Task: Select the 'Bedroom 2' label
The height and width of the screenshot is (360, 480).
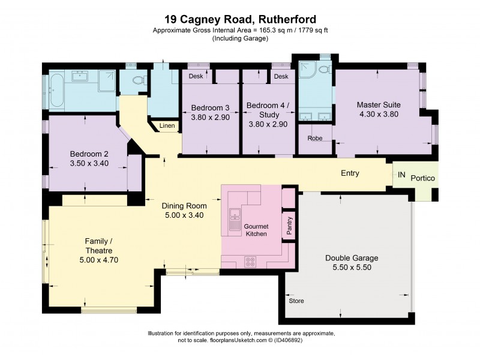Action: coord(88,152)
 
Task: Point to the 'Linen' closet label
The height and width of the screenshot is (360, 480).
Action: coord(167,126)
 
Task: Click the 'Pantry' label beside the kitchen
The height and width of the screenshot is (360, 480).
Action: coord(289,227)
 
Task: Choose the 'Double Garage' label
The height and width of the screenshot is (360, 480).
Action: coord(352,258)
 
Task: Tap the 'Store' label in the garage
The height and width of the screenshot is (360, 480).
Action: coord(297,300)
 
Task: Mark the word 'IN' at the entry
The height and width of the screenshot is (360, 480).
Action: coord(401,175)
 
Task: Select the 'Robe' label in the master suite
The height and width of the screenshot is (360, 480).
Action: coord(315,137)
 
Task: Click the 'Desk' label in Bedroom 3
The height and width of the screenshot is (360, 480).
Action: coord(196,76)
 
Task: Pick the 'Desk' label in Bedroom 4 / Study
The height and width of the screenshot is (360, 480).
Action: coord(280,76)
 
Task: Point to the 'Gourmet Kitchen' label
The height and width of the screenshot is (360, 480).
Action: coord(256,229)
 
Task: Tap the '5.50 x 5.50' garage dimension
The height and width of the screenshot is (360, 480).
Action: coord(352,268)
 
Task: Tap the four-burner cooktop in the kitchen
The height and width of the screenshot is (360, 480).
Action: coord(250,262)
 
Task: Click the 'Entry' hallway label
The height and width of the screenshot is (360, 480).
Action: coord(350,173)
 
